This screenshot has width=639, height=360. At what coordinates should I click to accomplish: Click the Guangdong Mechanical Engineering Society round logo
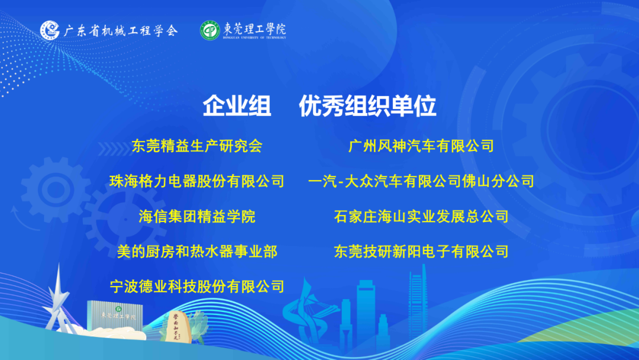point(50,30)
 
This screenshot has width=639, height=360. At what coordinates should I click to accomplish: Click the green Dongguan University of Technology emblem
point(210,31)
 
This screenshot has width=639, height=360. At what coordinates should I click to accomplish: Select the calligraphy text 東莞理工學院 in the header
point(254,29)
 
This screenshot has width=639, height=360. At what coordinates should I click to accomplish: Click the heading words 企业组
point(237,107)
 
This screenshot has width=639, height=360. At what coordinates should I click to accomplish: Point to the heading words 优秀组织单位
point(367,107)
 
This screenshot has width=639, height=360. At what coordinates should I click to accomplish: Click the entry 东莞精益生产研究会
point(197,146)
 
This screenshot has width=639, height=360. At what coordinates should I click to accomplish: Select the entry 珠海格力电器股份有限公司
point(197,181)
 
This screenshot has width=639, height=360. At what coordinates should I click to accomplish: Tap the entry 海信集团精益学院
point(197,217)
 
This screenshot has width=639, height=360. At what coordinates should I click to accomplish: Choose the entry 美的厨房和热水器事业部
point(197,252)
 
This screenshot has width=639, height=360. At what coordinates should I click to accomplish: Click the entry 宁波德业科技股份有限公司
point(197,287)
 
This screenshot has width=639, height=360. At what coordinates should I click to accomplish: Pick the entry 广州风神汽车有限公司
point(421,146)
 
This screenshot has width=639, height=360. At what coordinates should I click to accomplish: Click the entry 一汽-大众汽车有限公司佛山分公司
point(421,181)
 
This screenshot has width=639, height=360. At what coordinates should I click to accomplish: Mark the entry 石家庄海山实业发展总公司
point(421,217)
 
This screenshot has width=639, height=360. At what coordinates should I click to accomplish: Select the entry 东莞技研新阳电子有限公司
point(421,252)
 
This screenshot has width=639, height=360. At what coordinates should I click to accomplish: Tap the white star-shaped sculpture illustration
point(57,300)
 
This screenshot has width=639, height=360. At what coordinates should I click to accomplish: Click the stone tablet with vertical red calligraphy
point(176,326)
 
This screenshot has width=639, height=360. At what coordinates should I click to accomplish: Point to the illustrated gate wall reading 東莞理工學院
point(115,316)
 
